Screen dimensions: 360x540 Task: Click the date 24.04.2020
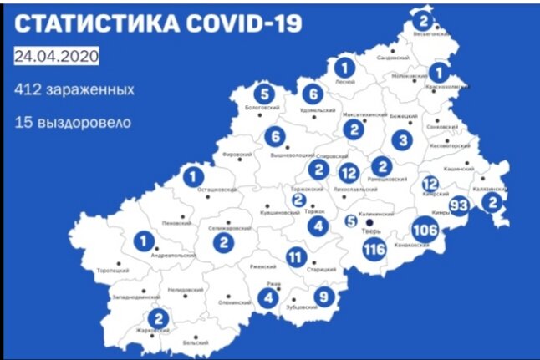(57, 56)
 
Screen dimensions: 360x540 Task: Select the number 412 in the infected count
(27, 89)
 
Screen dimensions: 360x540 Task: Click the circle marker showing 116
(374, 249)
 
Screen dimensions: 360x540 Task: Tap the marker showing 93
(459, 205)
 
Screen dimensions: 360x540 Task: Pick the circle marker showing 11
(294, 256)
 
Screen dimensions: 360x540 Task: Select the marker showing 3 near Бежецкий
(404, 139)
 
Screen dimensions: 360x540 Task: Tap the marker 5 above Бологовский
(265, 94)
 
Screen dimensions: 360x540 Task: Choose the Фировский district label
(237, 155)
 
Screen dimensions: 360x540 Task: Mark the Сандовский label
(392, 58)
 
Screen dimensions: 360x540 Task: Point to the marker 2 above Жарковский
(157, 317)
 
